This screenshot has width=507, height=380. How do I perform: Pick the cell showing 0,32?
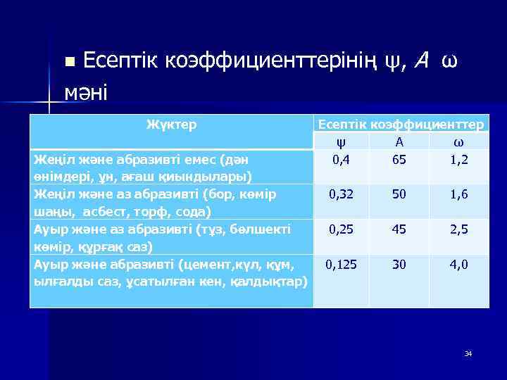pyautogui.click(x=342, y=194)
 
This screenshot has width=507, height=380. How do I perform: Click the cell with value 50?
pyautogui.click(x=399, y=194)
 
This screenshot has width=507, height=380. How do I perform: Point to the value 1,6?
pyautogui.click(x=459, y=194)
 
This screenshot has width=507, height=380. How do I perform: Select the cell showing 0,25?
pyautogui.click(x=342, y=229)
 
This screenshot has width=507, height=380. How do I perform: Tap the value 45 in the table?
pyautogui.click(x=399, y=229)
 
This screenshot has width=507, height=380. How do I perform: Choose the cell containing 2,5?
pyautogui.click(x=459, y=229)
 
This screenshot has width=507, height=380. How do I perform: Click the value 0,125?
pyautogui.click(x=342, y=264)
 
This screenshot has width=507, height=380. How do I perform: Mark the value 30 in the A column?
pyautogui.click(x=399, y=264)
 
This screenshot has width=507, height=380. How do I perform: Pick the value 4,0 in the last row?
pyautogui.click(x=459, y=264)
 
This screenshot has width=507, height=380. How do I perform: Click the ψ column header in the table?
pyautogui.click(x=342, y=141)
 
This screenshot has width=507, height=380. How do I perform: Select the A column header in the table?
pyautogui.click(x=399, y=141)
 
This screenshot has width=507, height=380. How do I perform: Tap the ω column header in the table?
pyautogui.click(x=459, y=141)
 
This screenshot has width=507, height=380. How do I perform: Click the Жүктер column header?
pyautogui.click(x=171, y=125)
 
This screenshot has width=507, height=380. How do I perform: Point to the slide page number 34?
pyautogui.click(x=468, y=353)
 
